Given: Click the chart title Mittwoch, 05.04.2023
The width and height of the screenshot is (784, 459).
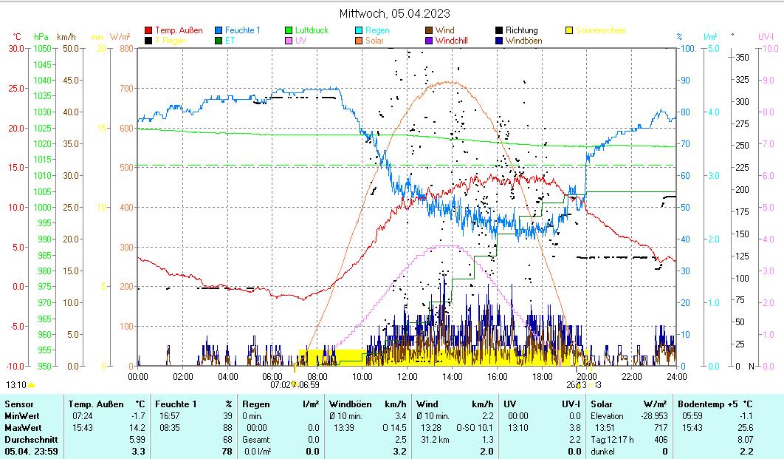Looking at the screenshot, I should pyautogui.click(x=394, y=13).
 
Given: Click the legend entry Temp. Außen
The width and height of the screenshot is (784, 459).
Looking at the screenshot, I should pyautogui.click(x=178, y=30).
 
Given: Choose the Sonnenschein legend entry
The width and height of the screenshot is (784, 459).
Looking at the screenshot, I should pyautogui.click(x=600, y=30).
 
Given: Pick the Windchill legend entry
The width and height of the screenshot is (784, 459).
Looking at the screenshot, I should pyautogui.click(x=455, y=41).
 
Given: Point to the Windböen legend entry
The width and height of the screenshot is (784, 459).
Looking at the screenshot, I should pyautogui.click(x=523, y=41).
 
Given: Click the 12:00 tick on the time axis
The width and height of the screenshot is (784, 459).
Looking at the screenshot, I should pyautogui.click(x=408, y=376).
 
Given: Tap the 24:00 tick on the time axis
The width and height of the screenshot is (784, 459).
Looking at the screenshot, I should pyautogui.click(x=676, y=376).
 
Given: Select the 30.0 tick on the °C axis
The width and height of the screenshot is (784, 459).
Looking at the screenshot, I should pyautogui.click(x=16, y=49).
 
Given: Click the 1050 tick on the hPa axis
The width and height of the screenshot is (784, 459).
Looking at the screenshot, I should pyautogui.click(x=42, y=49).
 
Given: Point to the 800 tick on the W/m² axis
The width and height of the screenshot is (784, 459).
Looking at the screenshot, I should pyautogui.click(x=126, y=49).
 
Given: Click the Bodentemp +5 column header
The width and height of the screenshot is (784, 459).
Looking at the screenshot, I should pyautogui.click(x=701, y=404).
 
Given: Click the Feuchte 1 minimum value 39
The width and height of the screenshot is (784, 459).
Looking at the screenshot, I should pyautogui.click(x=227, y=416).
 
